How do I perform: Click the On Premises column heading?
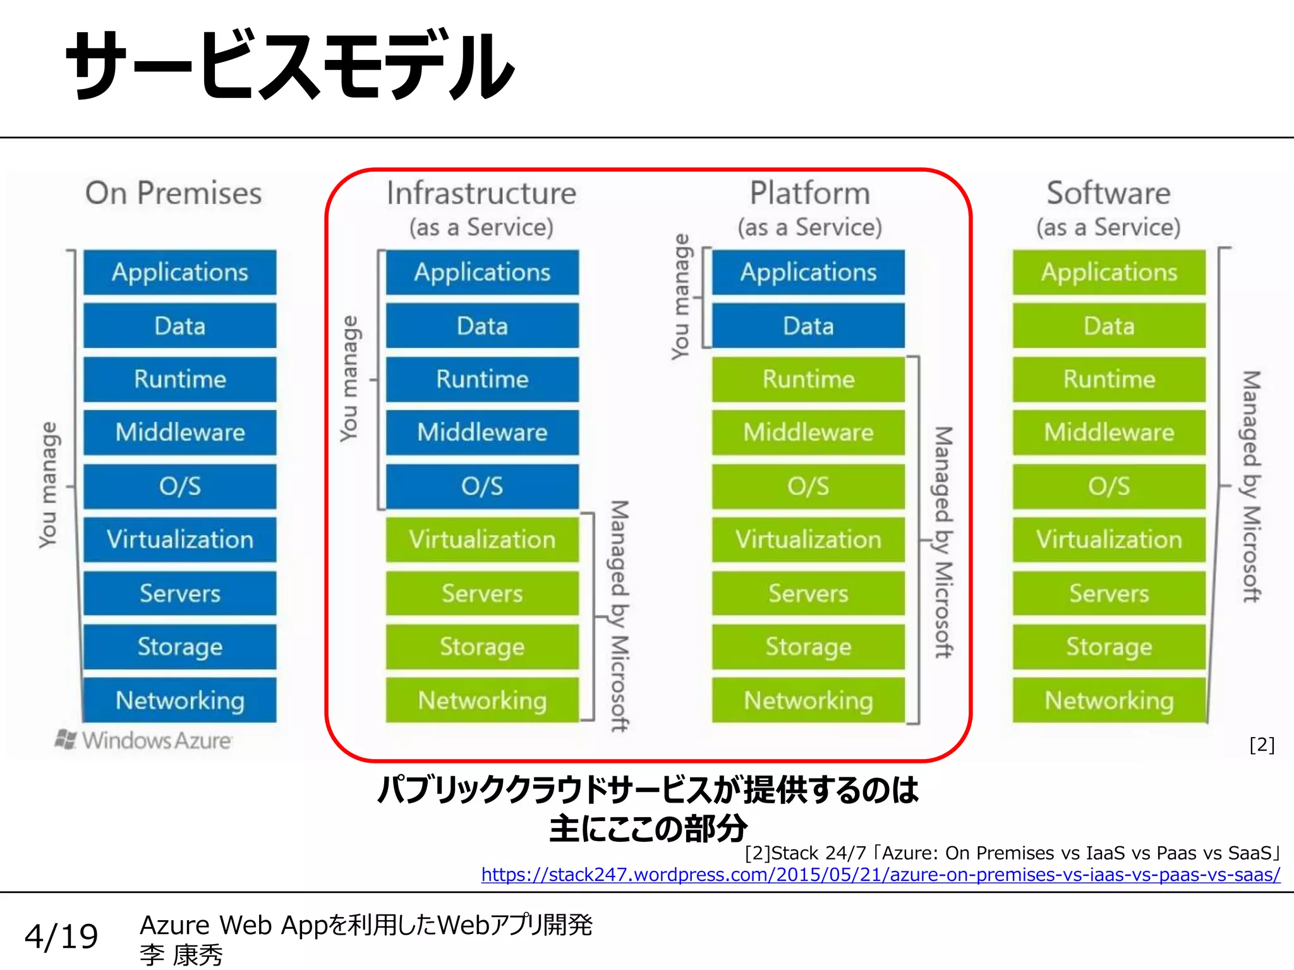pos(174,193)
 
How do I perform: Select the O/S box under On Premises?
pos(180,486)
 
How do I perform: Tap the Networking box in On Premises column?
pos(180,700)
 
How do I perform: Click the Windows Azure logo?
pos(145,740)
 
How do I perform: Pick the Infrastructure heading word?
pos(481,193)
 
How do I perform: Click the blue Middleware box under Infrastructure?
pos(482,433)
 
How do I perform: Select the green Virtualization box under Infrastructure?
pos(482,540)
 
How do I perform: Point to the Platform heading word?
pos(809,193)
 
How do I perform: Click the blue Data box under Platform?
pos(808,326)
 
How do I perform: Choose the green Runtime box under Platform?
pos(808,380)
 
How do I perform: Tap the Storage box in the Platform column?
pos(808,647)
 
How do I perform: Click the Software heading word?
pos(1108,193)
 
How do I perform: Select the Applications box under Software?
pos(1109,272)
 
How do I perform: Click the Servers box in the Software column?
pos(1109,594)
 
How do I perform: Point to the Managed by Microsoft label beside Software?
pos(1251,486)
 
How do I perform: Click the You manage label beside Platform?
pos(680,297)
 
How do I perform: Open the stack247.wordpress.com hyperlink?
pos(881,875)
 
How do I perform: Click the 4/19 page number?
pos(61,936)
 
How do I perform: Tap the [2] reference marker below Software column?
pos(1262,745)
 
